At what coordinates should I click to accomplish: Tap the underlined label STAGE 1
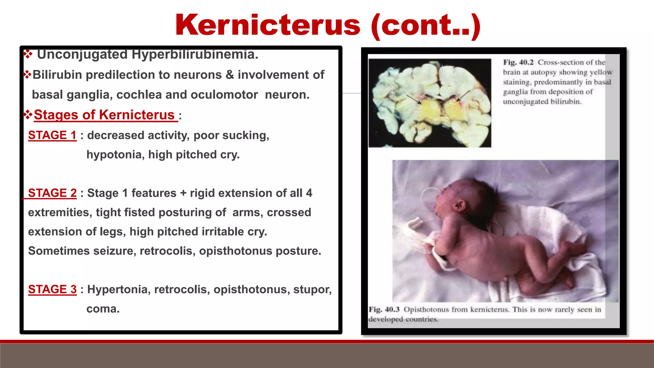tap(52, 135)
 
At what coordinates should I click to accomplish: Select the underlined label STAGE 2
tap(52, 193)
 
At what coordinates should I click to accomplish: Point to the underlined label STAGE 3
tap(52, 289)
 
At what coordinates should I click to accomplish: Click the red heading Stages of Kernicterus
tap(104, 115)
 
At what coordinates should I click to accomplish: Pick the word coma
tap(103, 309)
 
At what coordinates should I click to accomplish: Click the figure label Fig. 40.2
tap(518, 62)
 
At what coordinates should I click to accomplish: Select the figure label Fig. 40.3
tap(384, 310)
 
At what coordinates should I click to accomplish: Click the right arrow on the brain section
tap(464, 95)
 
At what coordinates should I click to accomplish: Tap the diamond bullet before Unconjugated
tap(28, 54)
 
